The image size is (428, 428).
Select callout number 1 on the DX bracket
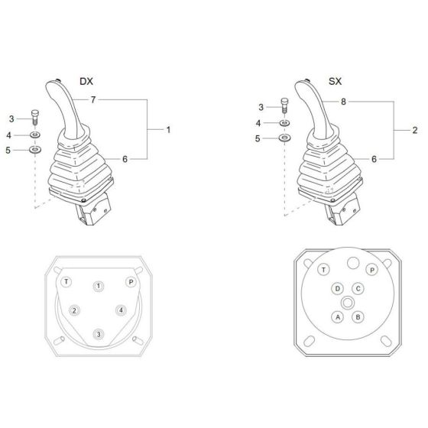click(167, 130)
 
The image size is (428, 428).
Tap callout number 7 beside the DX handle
click(92, 100)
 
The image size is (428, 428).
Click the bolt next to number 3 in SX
click(284, 108)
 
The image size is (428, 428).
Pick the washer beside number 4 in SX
click(284, 122)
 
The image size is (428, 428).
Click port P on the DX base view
click(130, 282)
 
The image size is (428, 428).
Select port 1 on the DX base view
click(99, 286)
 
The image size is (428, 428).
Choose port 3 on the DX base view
click(99, 334)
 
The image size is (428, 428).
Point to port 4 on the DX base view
click(122, 310)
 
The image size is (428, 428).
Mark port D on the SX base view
click(337, 289)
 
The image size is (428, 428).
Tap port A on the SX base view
click(337, 316)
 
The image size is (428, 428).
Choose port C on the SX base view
click(358, 289)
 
